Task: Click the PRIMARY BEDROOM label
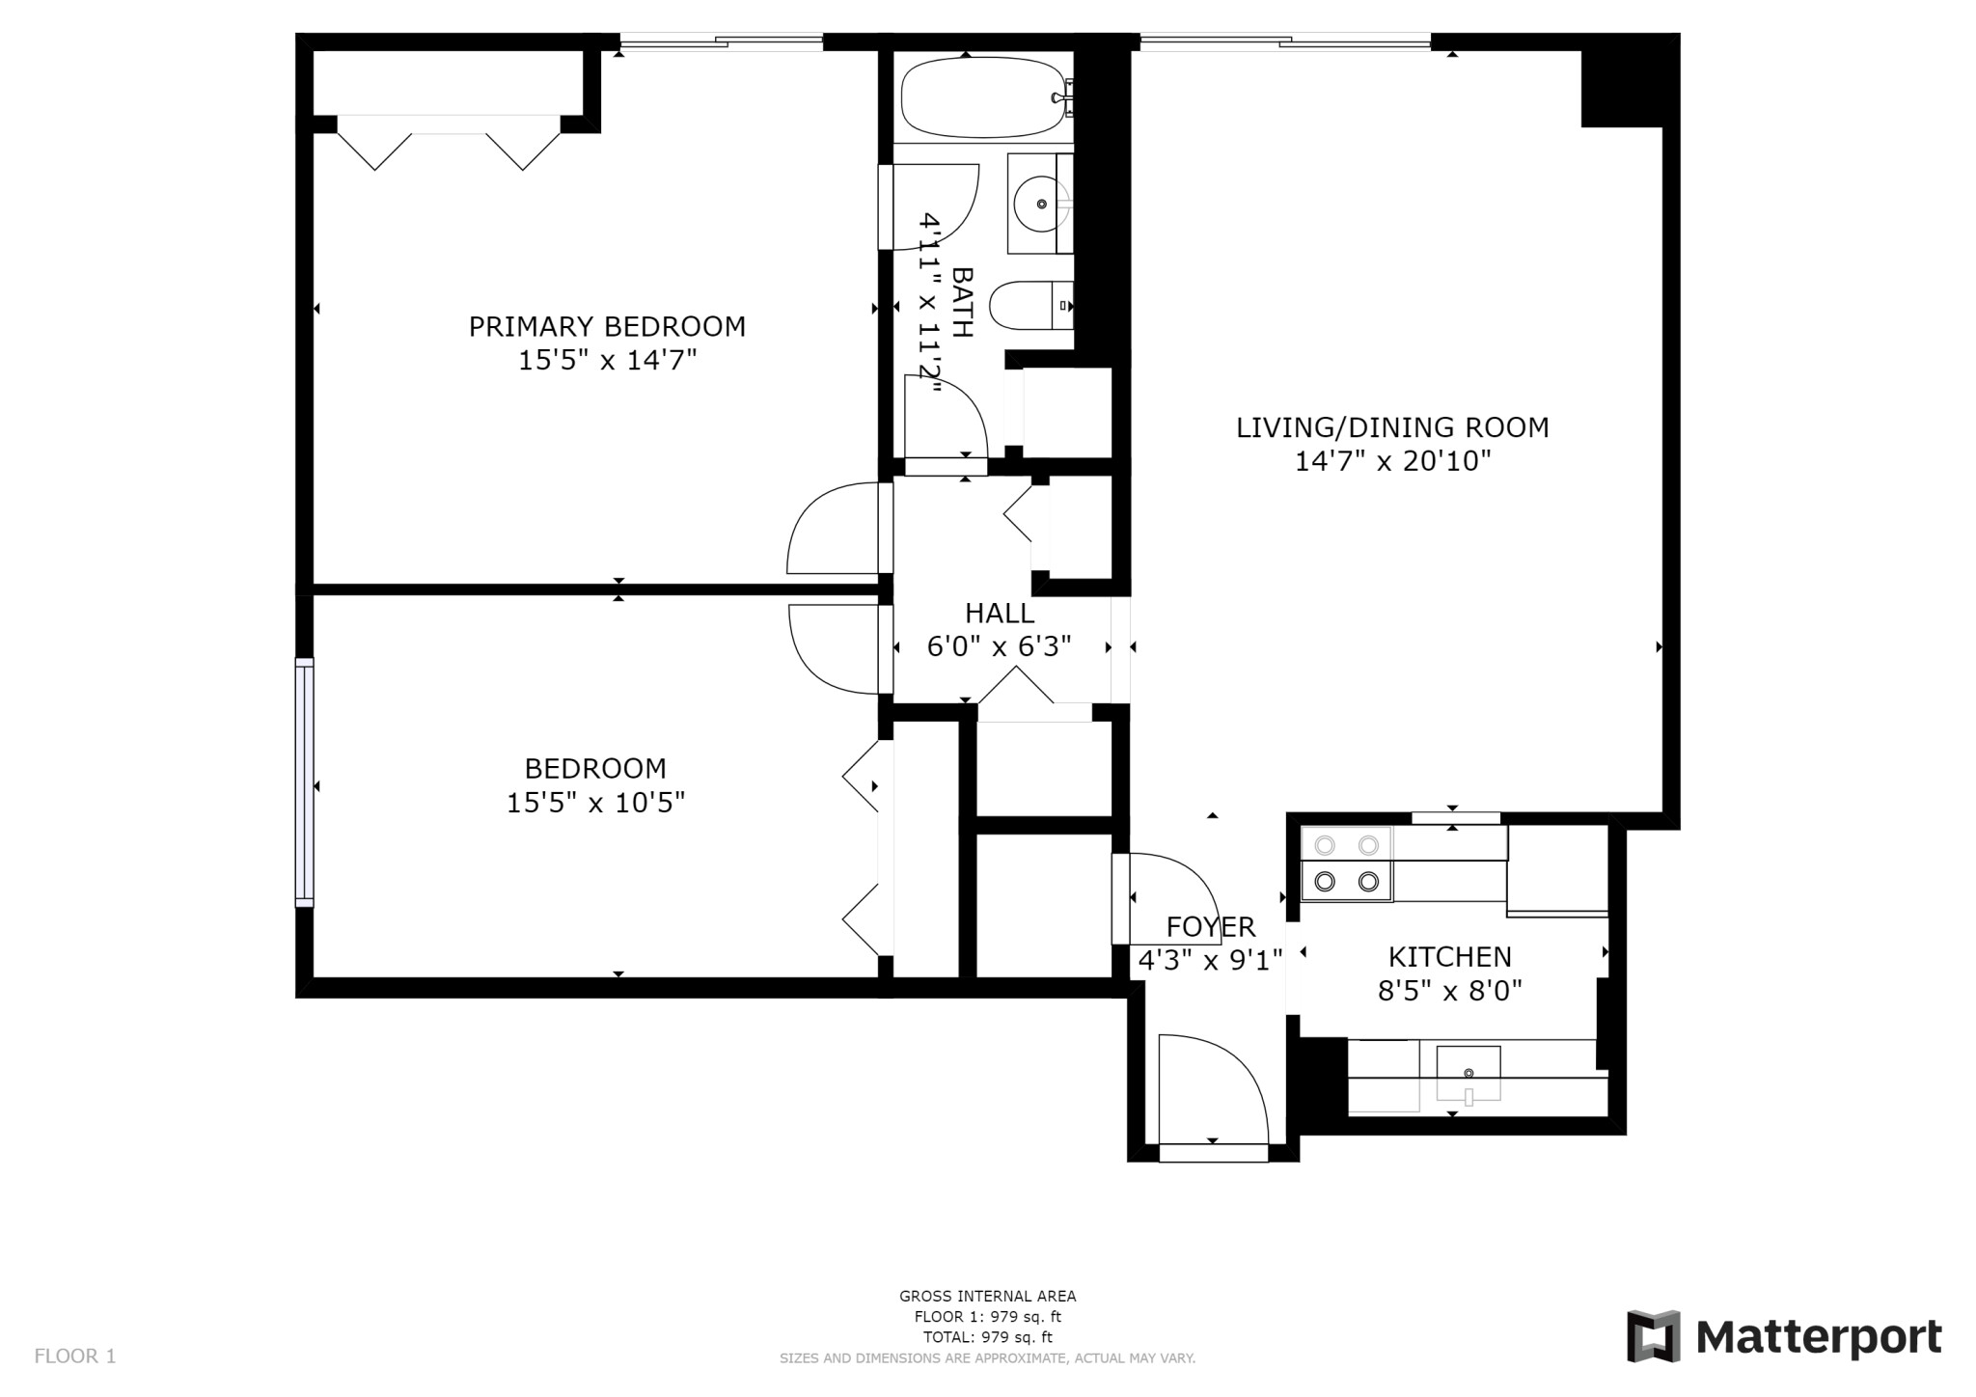coord(607,326)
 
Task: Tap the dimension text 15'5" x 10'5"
coord(595,803)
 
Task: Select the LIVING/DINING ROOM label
coord(1392,427)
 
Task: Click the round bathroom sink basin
coord(1040,204)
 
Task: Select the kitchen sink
coord(1468,1072)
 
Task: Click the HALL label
coord(1000,613)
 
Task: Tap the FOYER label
coord(1211,927)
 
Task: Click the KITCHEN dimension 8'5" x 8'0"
coord(1449,991)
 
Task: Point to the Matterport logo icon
coord(1653,1336)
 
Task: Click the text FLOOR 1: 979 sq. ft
coord(987,1317)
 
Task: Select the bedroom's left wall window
coord(305,781)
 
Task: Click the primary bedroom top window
coord(721,42)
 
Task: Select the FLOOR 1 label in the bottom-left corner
coord(75,1356)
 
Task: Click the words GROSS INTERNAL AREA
coord(987,1297)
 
